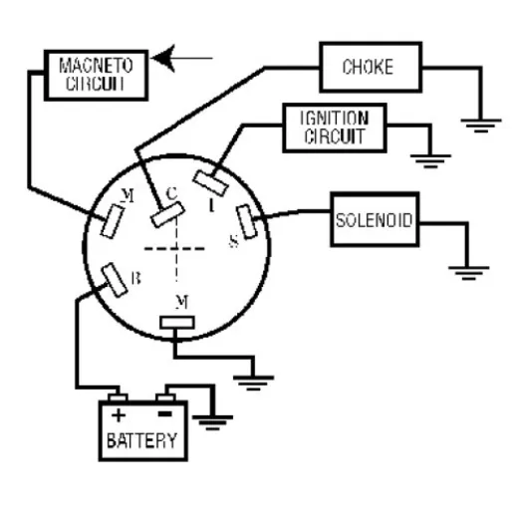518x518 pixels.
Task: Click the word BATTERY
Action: click(x=141, y=440)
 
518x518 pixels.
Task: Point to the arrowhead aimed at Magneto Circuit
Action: click(x=163, y=59)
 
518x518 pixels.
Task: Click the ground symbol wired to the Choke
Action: click(x=481, y=126)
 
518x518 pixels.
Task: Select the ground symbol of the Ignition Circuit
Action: click(x=430, y=161)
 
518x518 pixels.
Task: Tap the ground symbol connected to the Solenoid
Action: click(x=468, y=273)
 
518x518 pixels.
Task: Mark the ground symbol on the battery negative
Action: click(x=212, y=422)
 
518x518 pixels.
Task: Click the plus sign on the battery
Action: click(x=119, y=415)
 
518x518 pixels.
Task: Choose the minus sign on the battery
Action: click(x=164, y=413)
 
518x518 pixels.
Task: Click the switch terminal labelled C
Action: click(x=167, y=214)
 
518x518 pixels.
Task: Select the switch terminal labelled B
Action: click(x=115, y=280)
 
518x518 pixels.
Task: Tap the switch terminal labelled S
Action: click(x=246, y=221)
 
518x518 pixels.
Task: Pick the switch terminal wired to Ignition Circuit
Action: click(x=210, y=182)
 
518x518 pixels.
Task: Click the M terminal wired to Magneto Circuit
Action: click(x=113, y=221)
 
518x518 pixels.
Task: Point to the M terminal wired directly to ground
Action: click(x=177, y=323)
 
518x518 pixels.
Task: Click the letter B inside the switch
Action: click(x=135, y=278)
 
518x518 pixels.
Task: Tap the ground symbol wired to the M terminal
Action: click(x=253, y=383)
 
